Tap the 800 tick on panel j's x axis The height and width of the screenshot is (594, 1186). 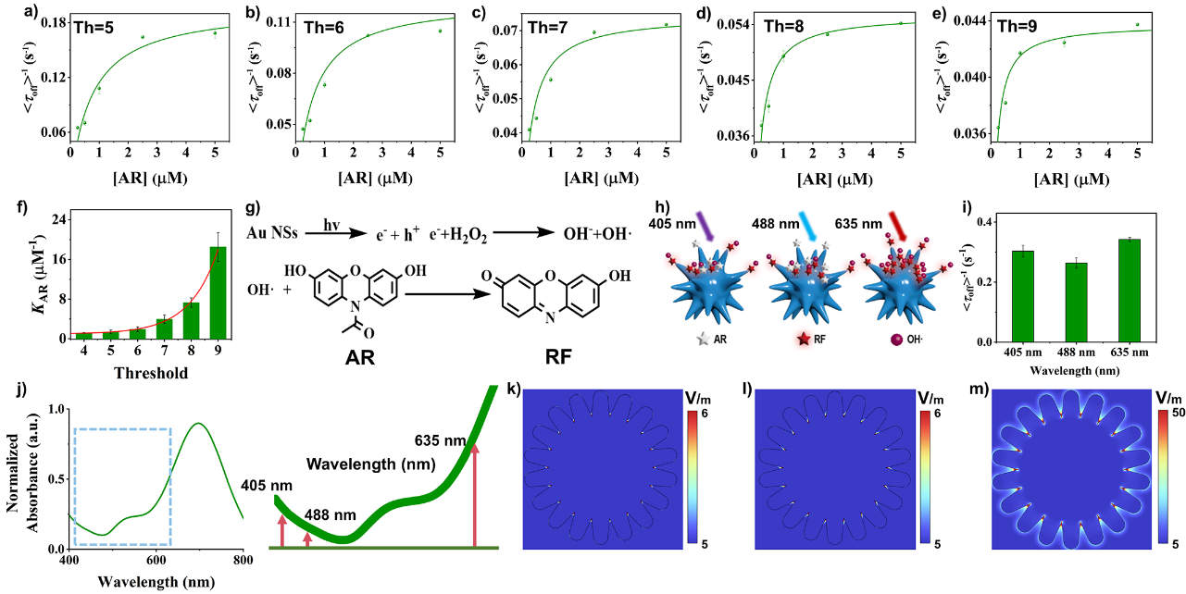click(x=243, y=560)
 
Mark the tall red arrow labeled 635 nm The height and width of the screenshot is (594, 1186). click(x=475, y=495)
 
